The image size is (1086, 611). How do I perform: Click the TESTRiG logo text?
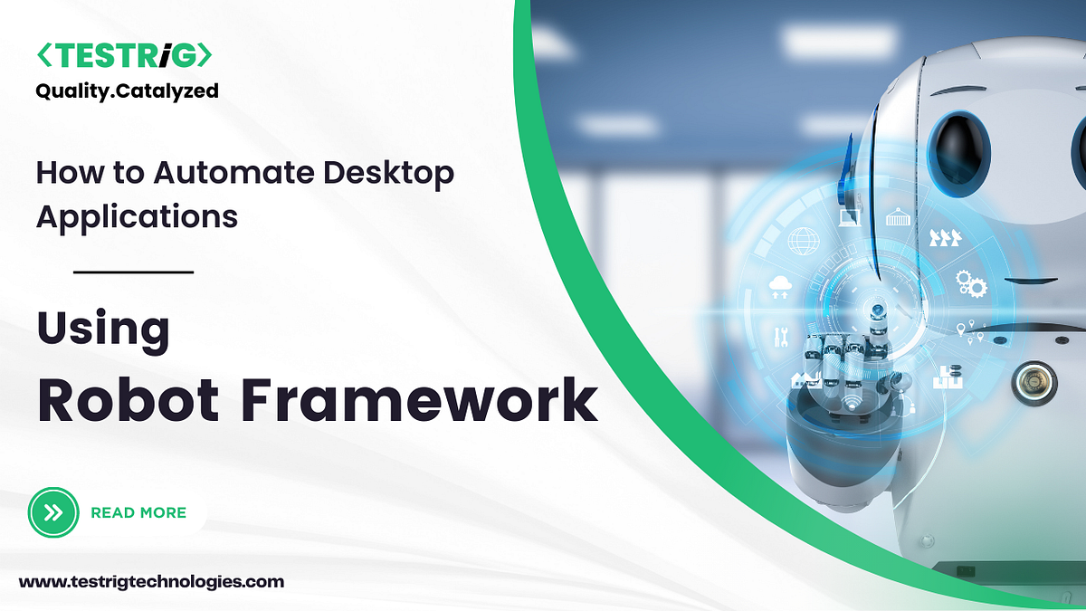124,56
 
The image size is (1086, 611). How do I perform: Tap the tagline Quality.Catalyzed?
127,91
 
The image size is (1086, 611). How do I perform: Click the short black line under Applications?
133,271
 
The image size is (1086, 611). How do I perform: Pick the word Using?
103,329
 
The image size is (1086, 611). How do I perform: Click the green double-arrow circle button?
54,512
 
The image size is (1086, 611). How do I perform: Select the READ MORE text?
138,512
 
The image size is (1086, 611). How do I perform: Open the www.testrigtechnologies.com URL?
151,582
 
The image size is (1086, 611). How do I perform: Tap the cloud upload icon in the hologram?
779,288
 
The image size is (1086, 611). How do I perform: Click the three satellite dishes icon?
946,238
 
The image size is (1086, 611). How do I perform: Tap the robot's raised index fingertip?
875,310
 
